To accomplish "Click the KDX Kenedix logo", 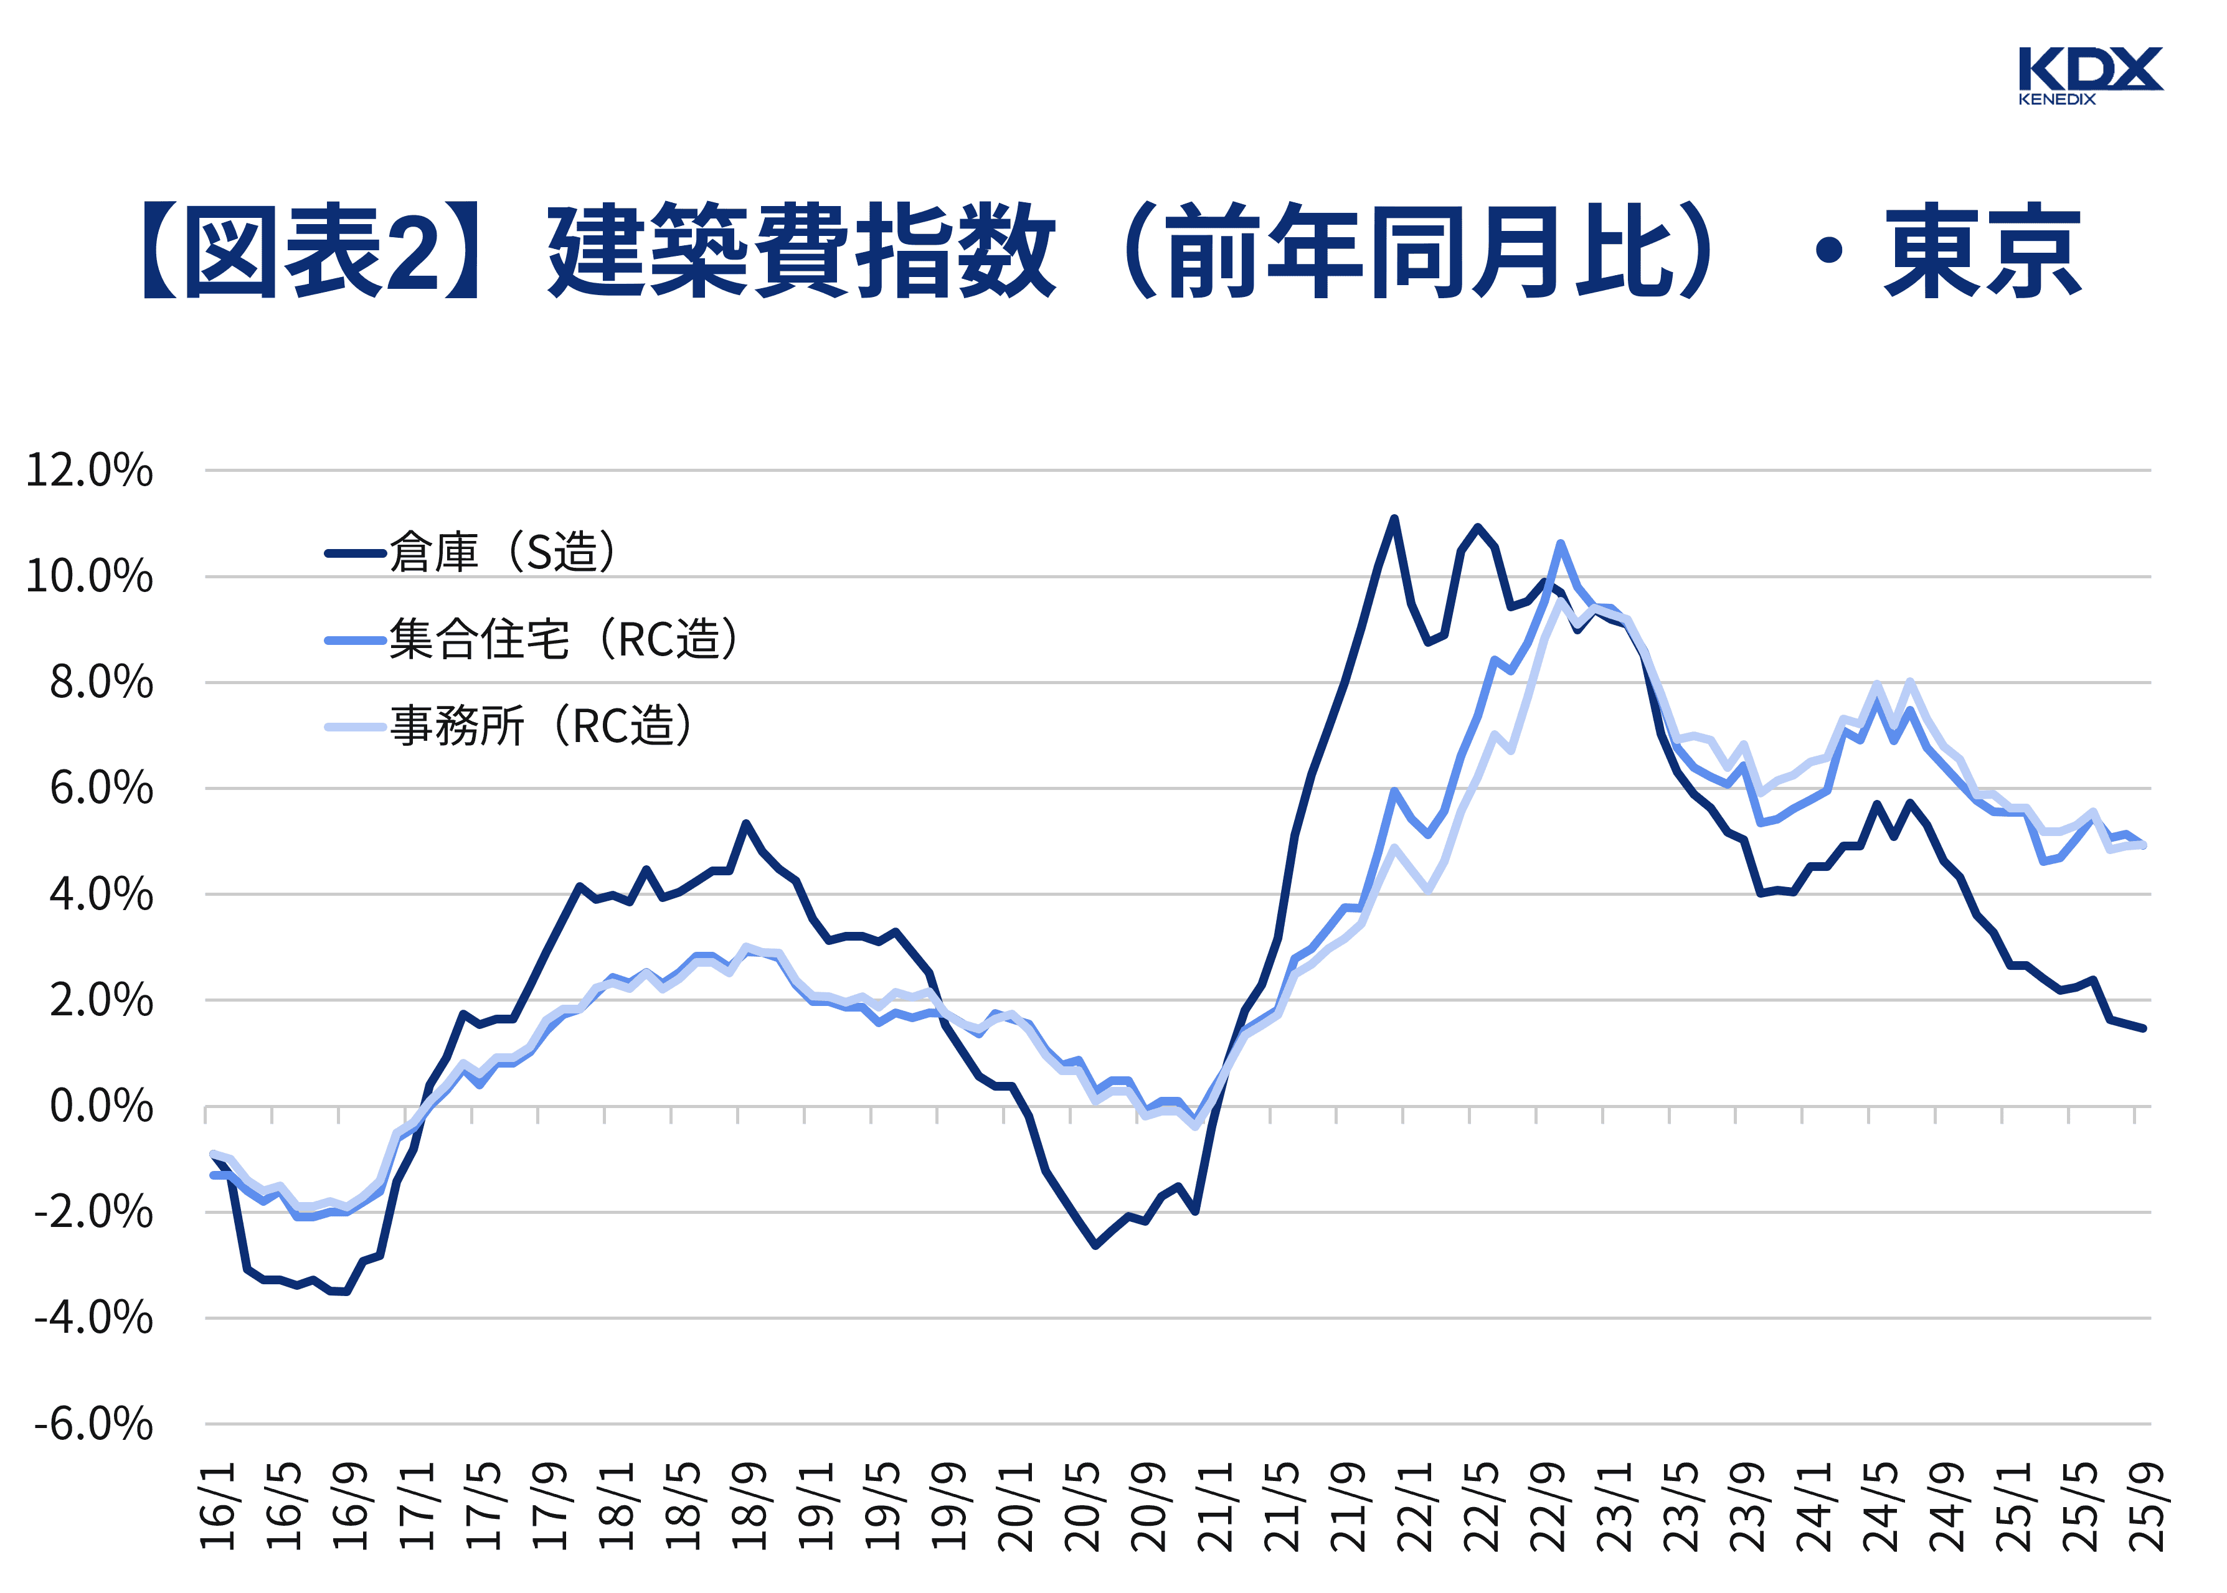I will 2089,75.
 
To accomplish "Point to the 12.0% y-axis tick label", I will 89,471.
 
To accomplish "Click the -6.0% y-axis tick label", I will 93,1424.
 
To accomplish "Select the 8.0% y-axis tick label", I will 101,683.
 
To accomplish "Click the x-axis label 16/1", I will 218,1506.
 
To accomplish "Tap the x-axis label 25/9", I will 2145,1506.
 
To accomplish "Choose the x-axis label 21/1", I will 1216,1506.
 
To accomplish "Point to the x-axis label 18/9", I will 750,1506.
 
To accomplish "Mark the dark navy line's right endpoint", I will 2144,1028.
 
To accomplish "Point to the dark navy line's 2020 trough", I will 1096,1246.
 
